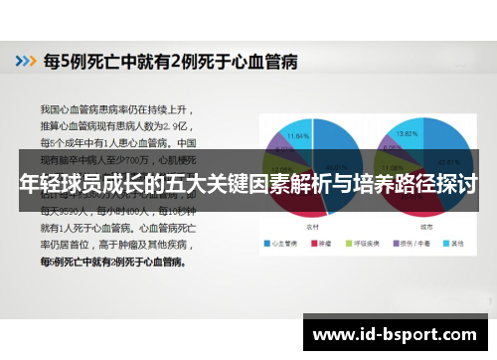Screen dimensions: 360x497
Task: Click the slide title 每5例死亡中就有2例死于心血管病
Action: (163, 61)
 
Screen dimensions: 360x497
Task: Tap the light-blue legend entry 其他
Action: (454, 243)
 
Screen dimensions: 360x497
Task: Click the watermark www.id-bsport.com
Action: (397, 335)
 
